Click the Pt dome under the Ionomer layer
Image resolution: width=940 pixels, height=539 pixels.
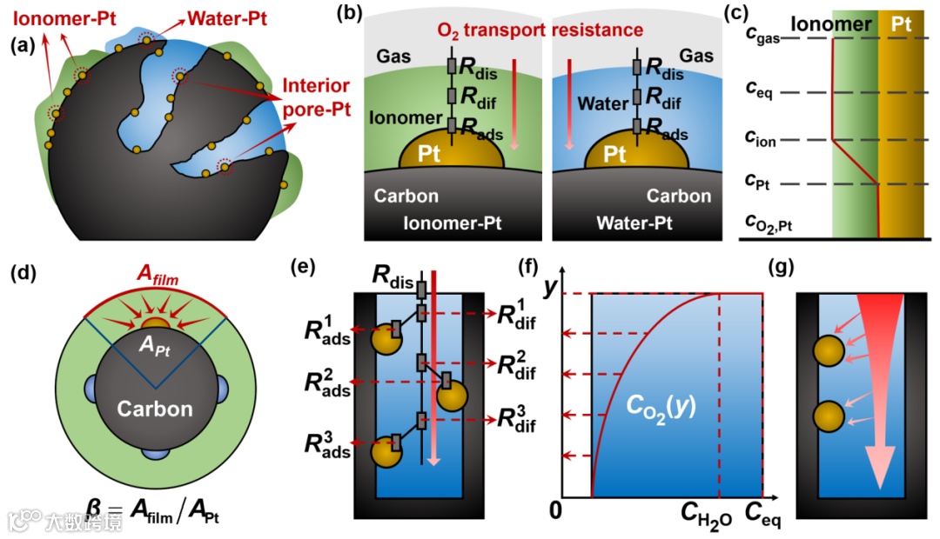451,153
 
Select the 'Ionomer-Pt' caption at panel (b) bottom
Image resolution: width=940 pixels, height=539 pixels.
453,223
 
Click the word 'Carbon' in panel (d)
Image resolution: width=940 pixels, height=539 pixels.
156,409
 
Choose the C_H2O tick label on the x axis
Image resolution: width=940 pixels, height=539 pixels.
707,520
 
